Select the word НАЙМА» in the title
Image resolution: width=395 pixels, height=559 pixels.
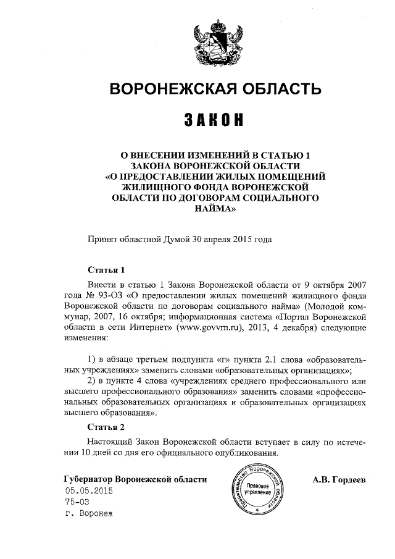click(215, 209)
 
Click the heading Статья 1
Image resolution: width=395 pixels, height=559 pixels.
click(106, 270)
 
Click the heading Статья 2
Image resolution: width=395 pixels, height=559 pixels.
click(106, 427)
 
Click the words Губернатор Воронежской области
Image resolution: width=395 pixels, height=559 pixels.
click(135, 479)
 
